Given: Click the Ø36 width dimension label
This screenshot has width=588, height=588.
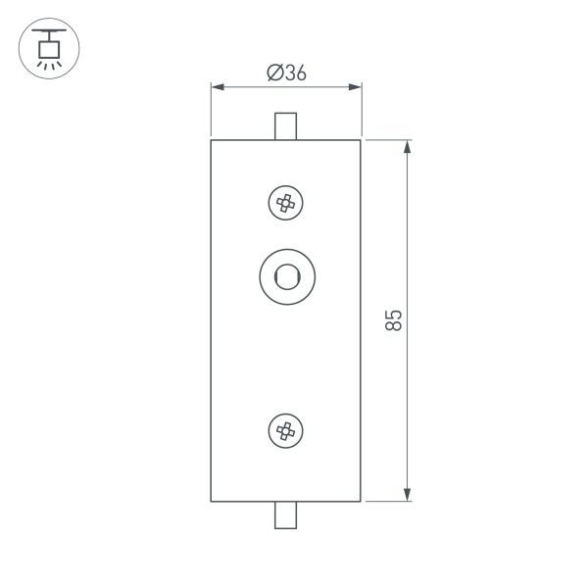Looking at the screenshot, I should (x=286, y=73).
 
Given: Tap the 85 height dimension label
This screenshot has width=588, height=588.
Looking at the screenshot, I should (x=393, y=320).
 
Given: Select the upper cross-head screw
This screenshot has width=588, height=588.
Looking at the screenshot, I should (x=286, y=203).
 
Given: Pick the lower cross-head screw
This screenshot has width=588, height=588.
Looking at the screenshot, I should (x=286, y=429).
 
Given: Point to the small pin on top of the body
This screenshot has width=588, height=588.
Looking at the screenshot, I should (x=286, y=126).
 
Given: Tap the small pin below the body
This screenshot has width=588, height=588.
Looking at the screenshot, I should (x=286, y=514).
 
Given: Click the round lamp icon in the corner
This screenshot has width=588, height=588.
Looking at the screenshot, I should (x=49, y=48).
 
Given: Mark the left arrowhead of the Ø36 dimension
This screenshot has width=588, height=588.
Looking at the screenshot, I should (x=218, y=88).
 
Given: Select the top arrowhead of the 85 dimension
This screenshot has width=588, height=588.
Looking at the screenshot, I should (x=407, y=146).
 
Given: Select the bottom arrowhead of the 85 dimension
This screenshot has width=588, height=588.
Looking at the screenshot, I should (x=407, y=495).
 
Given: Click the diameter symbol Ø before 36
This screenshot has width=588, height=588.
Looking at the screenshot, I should (x=273, y=73).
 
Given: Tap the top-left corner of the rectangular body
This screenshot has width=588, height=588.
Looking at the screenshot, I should (x=212, y=140).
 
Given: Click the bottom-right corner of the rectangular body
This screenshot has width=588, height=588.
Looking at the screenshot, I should (x=362, y=501).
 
